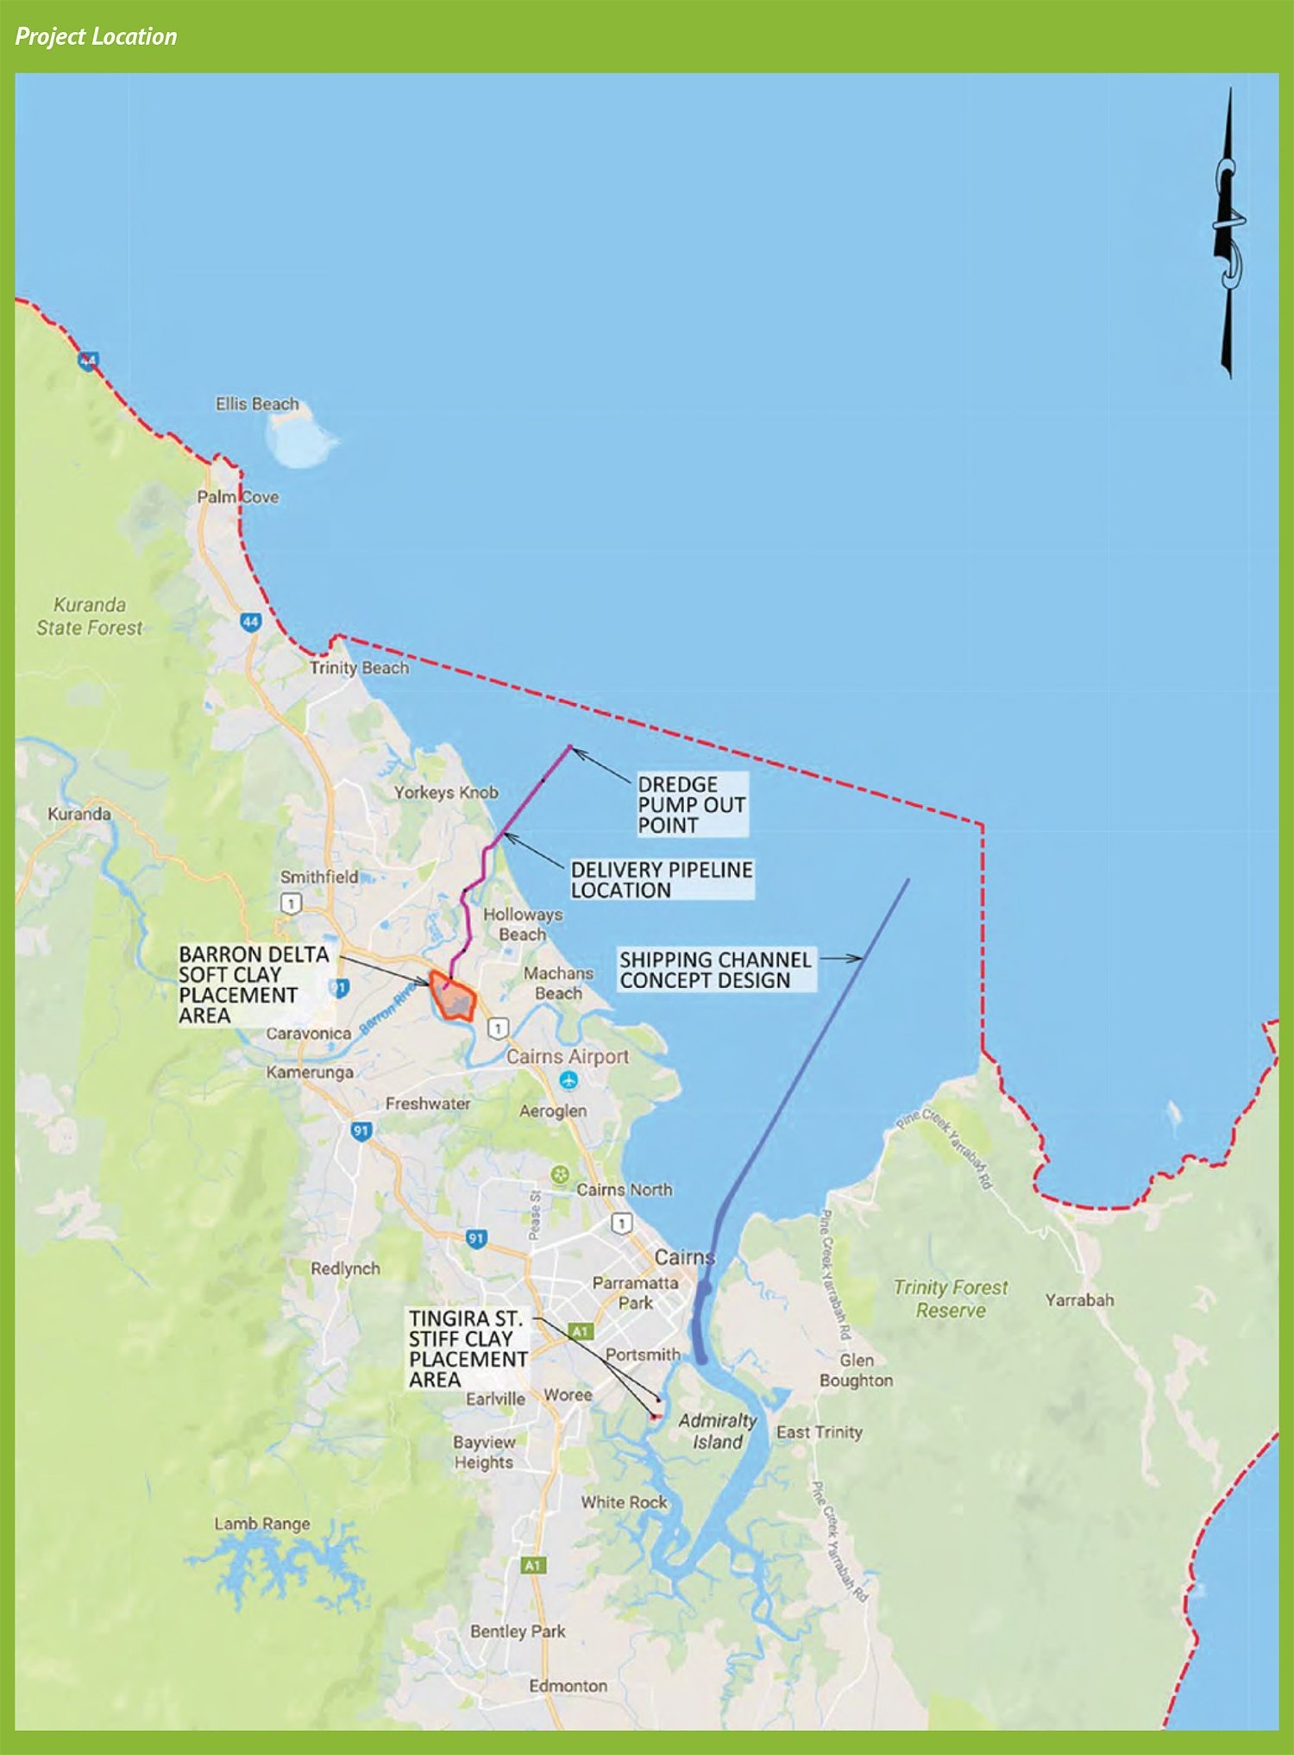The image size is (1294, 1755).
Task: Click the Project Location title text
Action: click(x=96, y=36)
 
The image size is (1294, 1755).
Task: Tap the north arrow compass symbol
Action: click(x=1228, y=233)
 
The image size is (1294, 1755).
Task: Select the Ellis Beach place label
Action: click(x=257, y=404)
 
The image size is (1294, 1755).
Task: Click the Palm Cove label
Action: click(x=237, y=497)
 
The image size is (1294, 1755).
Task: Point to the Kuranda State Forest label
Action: click(x=90, y=616)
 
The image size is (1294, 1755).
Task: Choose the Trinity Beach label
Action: click(x=359, y=668)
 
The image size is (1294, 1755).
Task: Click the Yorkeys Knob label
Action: click(x=446, y=792)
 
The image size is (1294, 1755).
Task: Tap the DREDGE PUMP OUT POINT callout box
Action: click(x=690, y=804)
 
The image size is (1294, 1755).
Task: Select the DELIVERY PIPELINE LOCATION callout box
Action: click(x=661, y=879)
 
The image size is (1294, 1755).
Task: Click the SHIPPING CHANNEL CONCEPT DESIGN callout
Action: click(x=715, y=970)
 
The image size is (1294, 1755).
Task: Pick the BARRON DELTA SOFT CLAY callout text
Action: click(x=254, y=984)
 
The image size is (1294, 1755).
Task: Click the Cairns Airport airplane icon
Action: click(x=568, y=1079)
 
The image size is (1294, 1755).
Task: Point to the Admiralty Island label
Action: click(x=717, y=1431)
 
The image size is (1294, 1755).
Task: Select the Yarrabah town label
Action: click(x=1079, y=1299)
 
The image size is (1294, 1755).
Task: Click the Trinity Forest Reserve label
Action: click(x=950, y=1299)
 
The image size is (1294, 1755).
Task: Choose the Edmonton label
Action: click(x=568, y=1685)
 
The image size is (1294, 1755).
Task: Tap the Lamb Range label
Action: click(x=262, y=1524)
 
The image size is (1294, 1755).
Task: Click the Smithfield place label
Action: click(x=319, y=877)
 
